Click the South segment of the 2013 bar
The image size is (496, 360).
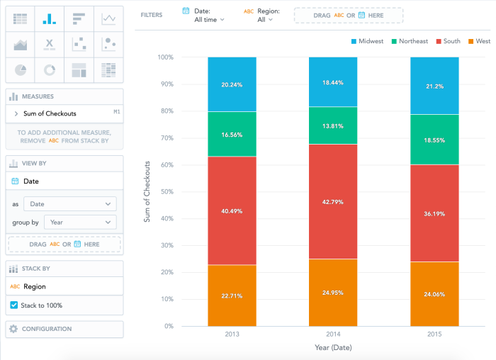point(232,210)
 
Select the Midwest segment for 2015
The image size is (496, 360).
point(434,85)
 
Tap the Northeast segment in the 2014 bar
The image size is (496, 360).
point(333,125)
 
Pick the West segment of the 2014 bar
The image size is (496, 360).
point(333,292)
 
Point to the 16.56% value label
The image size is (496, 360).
point(232,133)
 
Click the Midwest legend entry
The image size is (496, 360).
point(369,41)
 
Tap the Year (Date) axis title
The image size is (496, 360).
point(333,348)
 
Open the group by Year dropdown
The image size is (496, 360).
point(79,222)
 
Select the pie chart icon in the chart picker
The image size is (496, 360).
point(21,69)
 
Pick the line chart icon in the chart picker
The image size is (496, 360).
point(108,18)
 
